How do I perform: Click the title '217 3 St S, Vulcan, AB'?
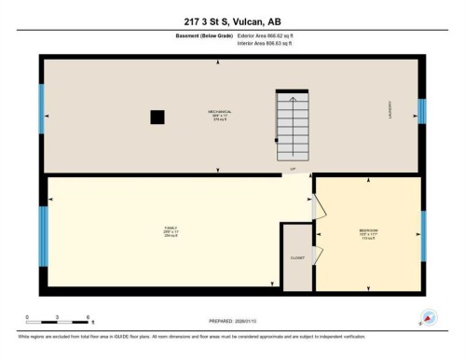[x=232, y=21]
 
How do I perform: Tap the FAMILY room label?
[x=171, y=231]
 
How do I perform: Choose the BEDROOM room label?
[x=368, y=234]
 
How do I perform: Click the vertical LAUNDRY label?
[x=390, y=109]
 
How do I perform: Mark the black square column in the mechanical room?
[x=157, y=117]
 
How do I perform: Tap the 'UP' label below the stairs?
[x=292, y=169]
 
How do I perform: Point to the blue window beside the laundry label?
[x=422, y=110]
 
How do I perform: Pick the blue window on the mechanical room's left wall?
[x=41, y=109]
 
